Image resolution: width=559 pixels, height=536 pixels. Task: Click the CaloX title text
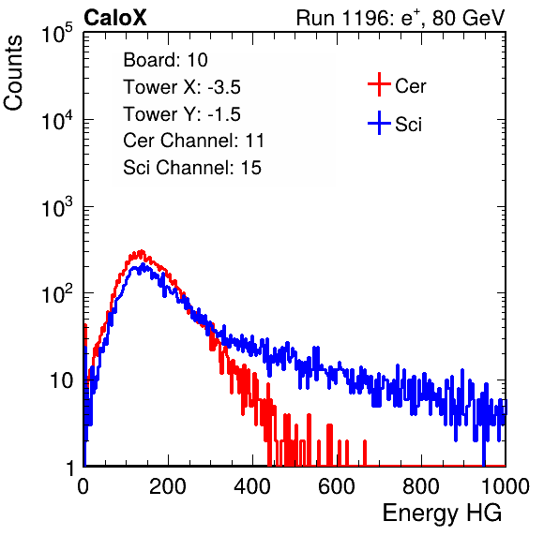point(114,18)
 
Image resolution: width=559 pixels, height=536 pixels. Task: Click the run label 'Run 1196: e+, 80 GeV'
point(400,18)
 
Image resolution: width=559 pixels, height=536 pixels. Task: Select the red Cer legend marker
point(379,84)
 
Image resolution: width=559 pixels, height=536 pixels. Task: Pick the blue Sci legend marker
point(379,123)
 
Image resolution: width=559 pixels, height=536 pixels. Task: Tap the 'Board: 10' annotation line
point(165,60)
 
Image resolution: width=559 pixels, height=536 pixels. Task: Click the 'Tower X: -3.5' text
point(182,87)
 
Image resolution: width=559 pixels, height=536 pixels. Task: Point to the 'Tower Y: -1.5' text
point(182,114)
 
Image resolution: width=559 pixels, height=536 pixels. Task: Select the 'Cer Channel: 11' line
point(193,141)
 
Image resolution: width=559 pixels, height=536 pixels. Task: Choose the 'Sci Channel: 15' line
point(192,168)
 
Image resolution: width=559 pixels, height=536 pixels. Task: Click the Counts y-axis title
point(13,73)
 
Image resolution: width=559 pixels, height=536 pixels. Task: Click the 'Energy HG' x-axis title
point(442,513)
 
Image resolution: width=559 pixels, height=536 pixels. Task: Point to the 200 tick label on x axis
point(168,486)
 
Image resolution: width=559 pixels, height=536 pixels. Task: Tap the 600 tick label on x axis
point(337,486)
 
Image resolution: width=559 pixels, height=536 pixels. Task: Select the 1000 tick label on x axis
point(506,486)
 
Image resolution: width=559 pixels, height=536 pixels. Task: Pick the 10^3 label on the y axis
point(57,207)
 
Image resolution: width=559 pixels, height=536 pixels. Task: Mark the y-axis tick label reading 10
point(61,380)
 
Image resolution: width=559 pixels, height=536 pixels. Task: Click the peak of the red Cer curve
point(142,251)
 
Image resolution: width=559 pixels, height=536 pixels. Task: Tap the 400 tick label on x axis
point(252,486)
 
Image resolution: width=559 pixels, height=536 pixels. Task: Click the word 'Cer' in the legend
point(411,86)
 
